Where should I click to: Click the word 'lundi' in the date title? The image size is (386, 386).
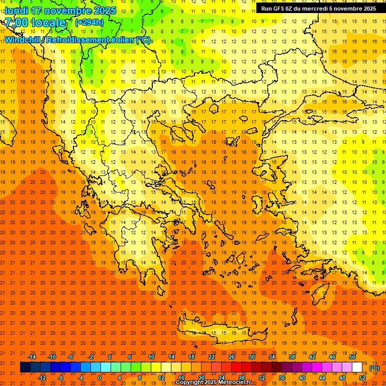click(16, 11)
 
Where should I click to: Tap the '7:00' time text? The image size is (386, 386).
click(16, 23)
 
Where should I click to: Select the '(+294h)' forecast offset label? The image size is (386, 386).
click(89, 23)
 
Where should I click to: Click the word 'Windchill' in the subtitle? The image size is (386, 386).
click(24, 40)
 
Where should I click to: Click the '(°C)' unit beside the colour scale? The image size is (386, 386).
click(374, 368)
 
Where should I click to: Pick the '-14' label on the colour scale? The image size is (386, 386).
click(32, 357)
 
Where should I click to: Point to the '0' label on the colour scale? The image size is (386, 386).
click(100, 378)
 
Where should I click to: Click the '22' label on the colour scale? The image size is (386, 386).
click(212, 357)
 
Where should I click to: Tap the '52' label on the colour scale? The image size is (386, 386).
click(362, 378)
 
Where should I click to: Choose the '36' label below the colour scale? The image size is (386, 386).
click(282, 378)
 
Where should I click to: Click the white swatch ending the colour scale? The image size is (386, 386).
click(357, 367)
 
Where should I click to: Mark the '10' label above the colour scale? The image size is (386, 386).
click(151, 357)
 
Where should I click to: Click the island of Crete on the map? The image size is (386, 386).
click(221, 329)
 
